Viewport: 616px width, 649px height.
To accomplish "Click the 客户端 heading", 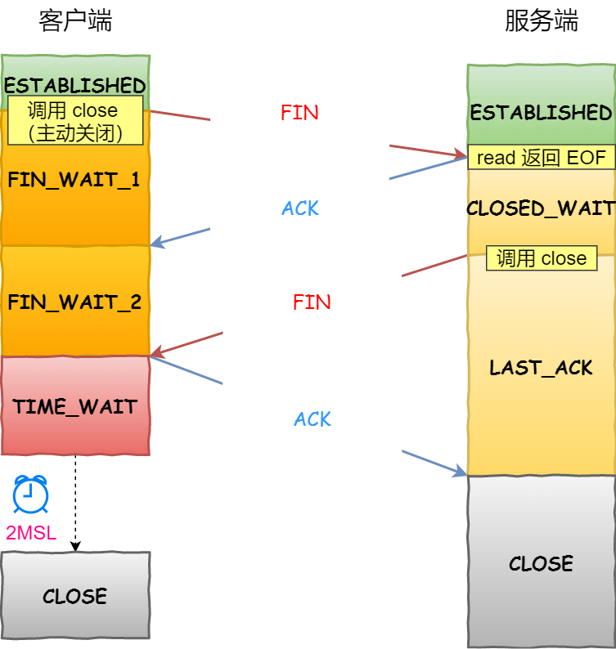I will (75, 22).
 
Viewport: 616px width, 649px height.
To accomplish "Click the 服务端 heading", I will (541, 22).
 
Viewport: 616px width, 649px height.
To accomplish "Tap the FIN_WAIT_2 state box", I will (74, 302).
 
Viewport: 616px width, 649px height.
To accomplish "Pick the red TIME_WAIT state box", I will (75, 406).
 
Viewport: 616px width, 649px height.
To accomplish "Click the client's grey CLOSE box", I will (75, 596).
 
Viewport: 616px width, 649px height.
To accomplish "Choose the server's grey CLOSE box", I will (541, 563).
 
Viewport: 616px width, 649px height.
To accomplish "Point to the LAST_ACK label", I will (541, 368).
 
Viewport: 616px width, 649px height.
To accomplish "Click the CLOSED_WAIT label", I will (541, 208).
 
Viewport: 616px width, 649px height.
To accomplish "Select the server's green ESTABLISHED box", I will (541, 112).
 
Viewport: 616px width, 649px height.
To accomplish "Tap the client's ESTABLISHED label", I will (74, 85).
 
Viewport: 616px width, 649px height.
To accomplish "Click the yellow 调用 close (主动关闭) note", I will (74, 121).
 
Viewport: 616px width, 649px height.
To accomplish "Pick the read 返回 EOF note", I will (541, 158).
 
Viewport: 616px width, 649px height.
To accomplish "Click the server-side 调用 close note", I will (542, 259).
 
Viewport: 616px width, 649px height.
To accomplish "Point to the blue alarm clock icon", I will (30, 495).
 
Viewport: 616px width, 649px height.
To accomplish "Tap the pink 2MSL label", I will (31, 534).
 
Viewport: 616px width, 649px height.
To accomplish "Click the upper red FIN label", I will (299, 113).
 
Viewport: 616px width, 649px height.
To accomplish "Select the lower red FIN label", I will (312, 302).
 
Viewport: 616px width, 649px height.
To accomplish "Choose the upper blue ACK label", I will (300, 208).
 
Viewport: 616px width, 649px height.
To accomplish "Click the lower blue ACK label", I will (312, 419).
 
